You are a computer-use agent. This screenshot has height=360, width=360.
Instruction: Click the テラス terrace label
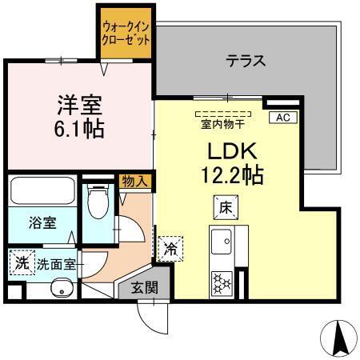click(x=245, y=60)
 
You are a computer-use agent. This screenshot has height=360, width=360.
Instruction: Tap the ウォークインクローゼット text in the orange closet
click(x=126, y=32)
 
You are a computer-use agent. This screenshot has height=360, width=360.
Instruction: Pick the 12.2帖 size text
click(x=233, y=175)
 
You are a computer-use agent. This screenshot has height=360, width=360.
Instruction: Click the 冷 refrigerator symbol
click(x=170, y=249)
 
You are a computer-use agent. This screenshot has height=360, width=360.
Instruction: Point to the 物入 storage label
click(x=134, y=182)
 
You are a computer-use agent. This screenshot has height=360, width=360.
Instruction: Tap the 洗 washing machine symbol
click(x=22, y=262)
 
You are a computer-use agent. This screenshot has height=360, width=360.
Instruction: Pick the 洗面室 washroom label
click(x=57, y=264)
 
